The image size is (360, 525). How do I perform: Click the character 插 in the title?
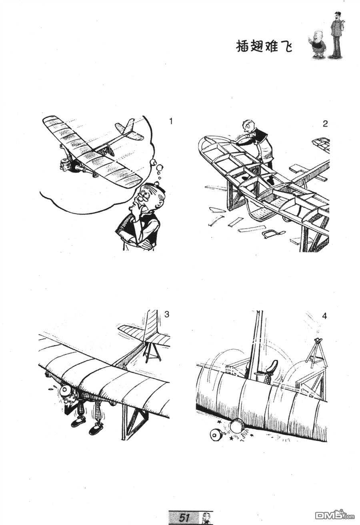tap(243, 47)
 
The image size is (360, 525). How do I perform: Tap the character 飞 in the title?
tap(286, 47)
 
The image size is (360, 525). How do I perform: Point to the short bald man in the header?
tap(318, 44)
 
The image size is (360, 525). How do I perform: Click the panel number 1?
tap(171, 122)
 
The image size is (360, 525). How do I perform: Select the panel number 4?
tap(324, 316)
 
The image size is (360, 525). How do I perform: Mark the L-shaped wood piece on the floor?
tap(215, 221)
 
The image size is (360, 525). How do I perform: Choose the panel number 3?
tap(166, 314)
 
